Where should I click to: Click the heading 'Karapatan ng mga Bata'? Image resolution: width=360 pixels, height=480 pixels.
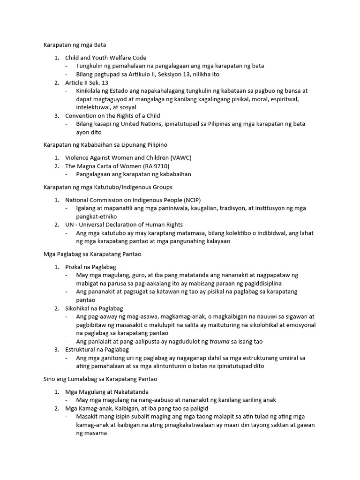click(x=75, y=45)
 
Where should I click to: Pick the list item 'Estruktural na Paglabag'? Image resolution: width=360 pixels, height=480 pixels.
click(x=97, y=350)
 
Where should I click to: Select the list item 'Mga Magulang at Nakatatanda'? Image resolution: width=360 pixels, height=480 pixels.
click(x=107, y=391)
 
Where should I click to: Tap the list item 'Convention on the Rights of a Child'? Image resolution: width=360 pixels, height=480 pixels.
click(x=112, y=116)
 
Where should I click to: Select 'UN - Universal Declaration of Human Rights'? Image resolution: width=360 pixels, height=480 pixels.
click(x=124, y=225)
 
